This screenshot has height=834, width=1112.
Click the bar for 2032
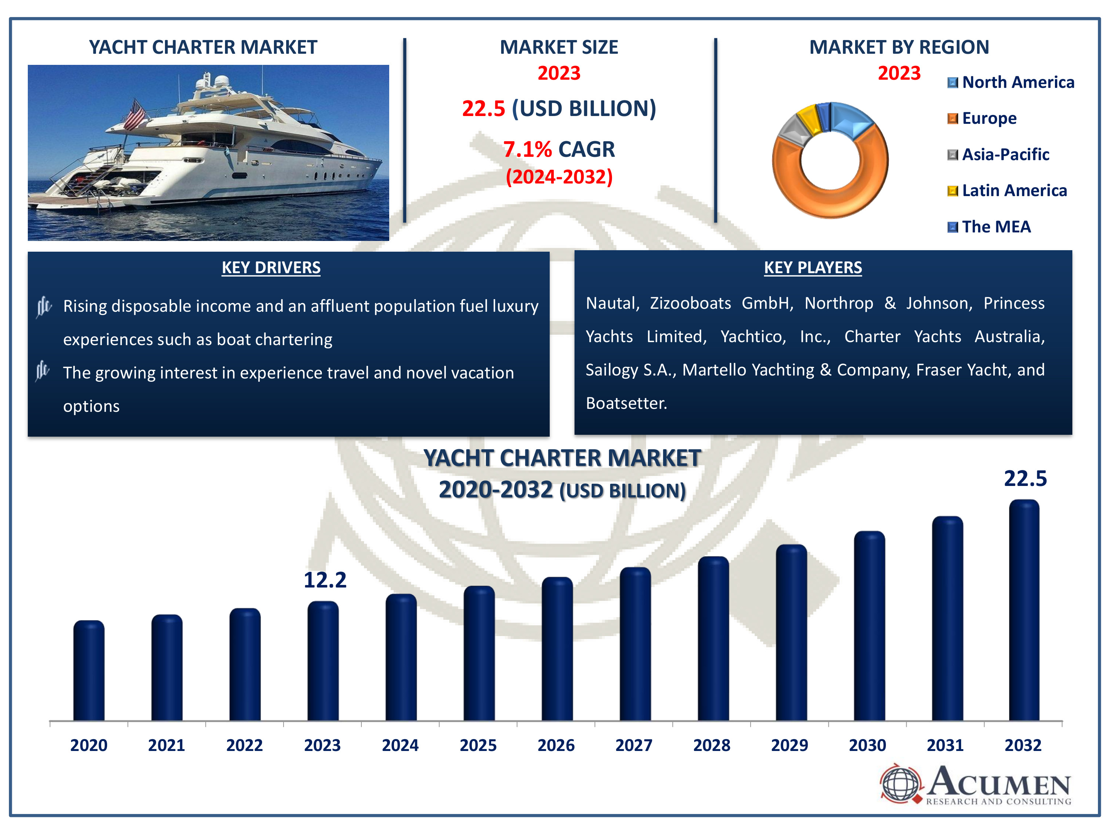click(x=1024, y=611)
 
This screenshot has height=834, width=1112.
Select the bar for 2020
click(x=89, y=671)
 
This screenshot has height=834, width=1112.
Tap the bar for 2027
click(x=635, y=645)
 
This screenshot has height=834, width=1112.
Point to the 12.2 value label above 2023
click(x=325, y=580)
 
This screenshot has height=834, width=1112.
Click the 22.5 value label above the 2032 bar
click(x=1025, y=479)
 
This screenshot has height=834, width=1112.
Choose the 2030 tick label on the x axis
click(x=867, y=745)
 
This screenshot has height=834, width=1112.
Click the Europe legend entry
click(x=988, y=118)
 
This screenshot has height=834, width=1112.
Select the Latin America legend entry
click(x=1013, y=191)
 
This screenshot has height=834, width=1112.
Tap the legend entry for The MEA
click(x=995, y=227)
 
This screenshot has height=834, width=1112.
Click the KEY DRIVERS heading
click(x=271, y=268)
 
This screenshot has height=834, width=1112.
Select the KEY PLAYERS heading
click(x=813, y=268)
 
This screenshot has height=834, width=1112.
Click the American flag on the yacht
click(x=135, y=115)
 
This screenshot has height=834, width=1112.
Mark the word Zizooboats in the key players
click(x=690, y=303)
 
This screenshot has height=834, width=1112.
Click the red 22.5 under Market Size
click(x=483, y=109)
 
